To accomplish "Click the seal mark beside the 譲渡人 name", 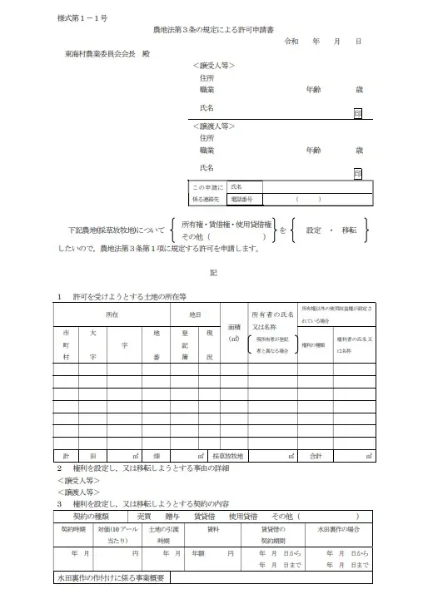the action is pos(357,174).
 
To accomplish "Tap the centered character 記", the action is pos(211,272).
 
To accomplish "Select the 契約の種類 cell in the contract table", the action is pos(86,515).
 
